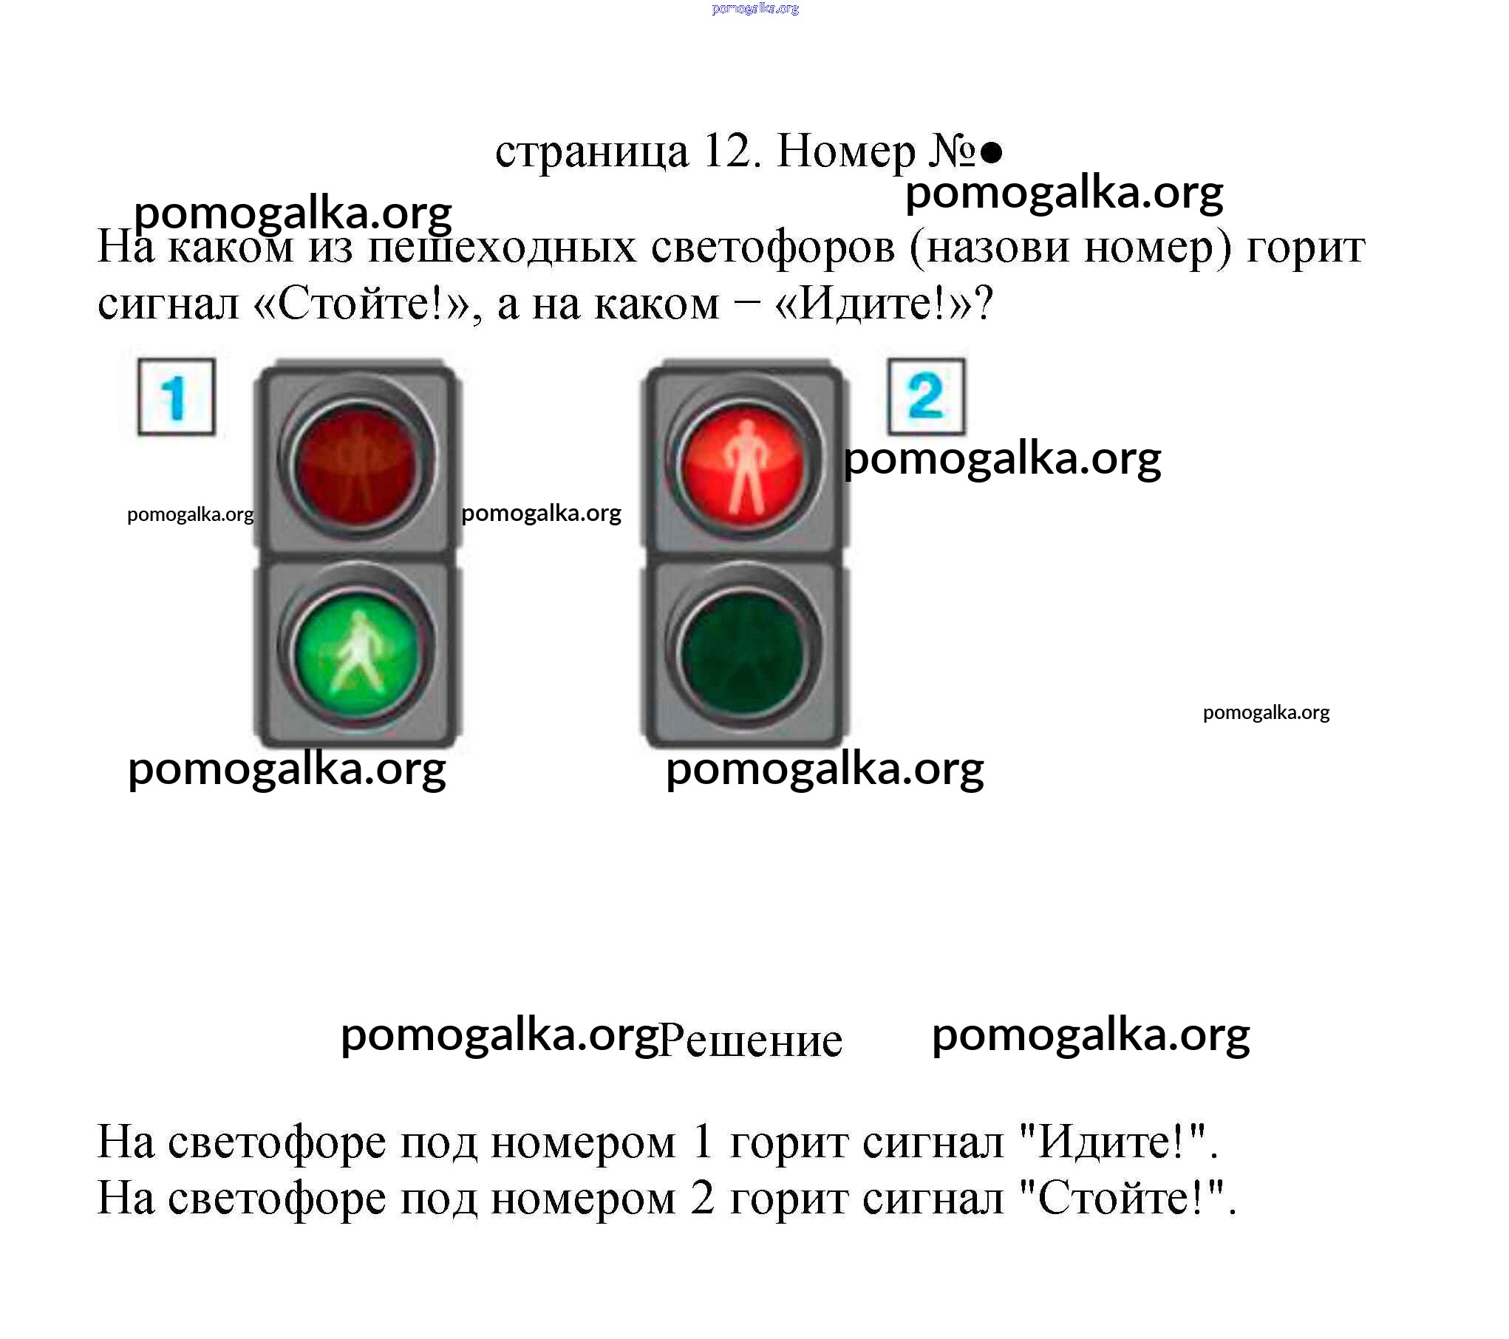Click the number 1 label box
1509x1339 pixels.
point(176,397)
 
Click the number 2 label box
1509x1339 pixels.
point(926,396)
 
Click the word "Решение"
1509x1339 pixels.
point(750,1041)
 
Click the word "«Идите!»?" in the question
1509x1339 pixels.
point(884,304)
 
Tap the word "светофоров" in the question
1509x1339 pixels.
point(773,248)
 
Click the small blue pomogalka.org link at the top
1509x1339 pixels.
point(755,8)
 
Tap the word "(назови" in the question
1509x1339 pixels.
point(990,248)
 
